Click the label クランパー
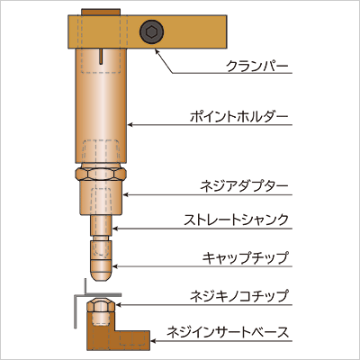[257, 66]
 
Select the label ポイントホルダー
[239, 117]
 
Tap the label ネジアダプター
[244, 186]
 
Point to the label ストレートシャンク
[236, 220]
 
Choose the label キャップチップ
[245, 258]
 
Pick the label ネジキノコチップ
[239, 296]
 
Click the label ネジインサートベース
[228, 332]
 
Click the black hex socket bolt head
[151, 31]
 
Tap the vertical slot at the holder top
[102, 57]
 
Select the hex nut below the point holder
[101, 175]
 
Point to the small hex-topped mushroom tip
[100, 304]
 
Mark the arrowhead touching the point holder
[130, 124]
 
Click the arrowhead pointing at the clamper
[157, 51]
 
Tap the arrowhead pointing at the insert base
[153, 341]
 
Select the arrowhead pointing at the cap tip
[115, 266]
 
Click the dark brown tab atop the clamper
[101, 12]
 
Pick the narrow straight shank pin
[102, 226]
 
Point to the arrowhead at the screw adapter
[126, 194]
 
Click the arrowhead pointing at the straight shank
[115, 229]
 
